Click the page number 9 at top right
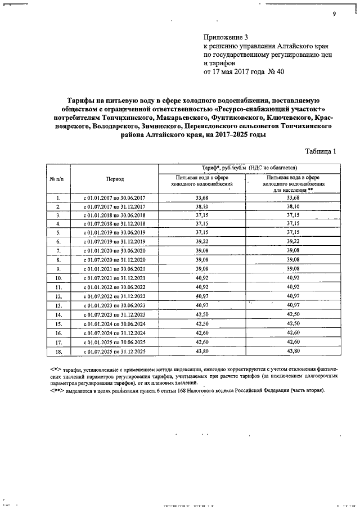(334, 15)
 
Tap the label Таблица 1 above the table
(320, 151)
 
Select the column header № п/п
(58, 179)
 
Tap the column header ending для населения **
(293, 184)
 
